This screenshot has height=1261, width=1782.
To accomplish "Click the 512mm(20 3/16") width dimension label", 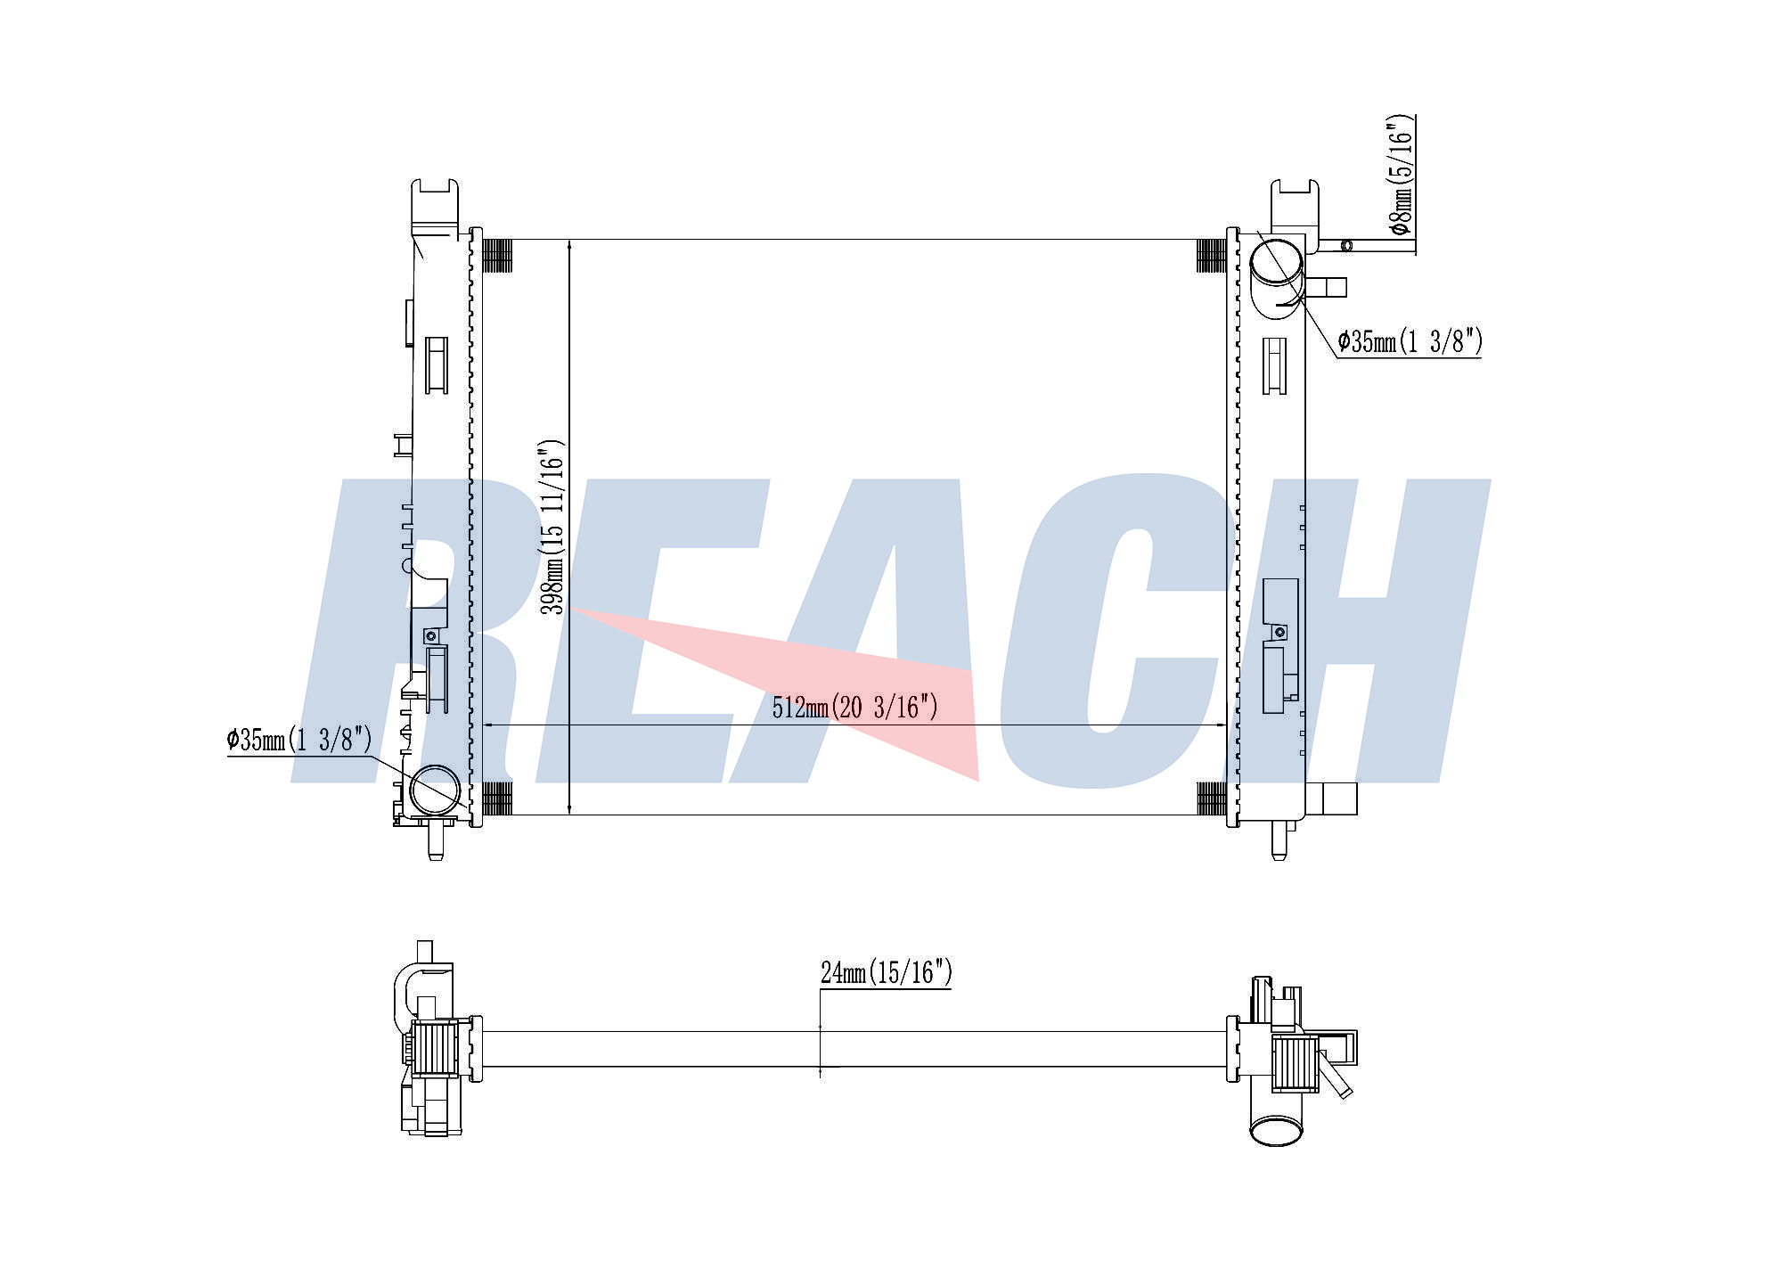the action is coord(854,708).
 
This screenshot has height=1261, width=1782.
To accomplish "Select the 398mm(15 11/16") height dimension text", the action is coord(553,527).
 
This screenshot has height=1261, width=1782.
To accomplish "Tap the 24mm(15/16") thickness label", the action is coord(887,972).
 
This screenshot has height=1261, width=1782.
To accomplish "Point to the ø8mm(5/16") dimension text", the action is coord(1402,175).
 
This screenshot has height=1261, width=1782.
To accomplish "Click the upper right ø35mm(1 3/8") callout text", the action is coord(1410,341).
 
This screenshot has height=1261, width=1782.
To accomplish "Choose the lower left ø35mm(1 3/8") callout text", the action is coord(299,740).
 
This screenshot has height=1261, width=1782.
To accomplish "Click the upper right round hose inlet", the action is coord(1276,259).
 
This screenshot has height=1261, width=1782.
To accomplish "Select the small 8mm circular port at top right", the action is coord(1346,246).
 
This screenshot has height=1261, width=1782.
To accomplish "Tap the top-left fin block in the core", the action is coord(497,256).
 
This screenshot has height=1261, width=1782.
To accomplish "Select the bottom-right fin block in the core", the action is coord(1211,798).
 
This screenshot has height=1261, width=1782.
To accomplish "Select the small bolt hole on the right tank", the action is coord(1280,632).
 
